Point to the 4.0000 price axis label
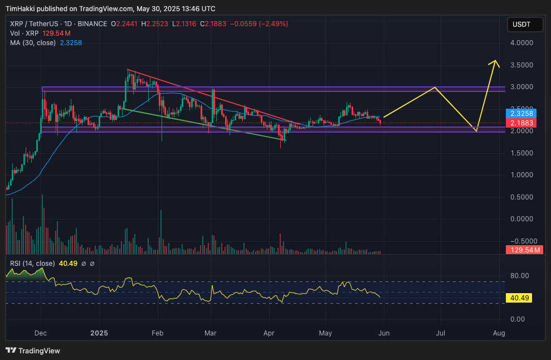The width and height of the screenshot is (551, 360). [521, 43]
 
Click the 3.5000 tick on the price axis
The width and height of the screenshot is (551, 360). [521, 65]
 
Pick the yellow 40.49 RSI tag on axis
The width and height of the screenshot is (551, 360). [519, 298]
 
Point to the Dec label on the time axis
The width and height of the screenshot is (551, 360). [41, 333]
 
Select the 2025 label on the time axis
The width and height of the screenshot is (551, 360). [99, 333]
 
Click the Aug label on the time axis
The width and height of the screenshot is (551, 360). [499, 333]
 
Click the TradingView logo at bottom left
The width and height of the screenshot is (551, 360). [33, 351]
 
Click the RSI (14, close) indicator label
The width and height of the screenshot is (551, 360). [32, 264]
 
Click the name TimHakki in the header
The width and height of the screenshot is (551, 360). [21, 9]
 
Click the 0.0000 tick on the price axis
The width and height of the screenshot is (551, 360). [521, 219]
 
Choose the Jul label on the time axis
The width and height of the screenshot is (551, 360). [440, 333]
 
